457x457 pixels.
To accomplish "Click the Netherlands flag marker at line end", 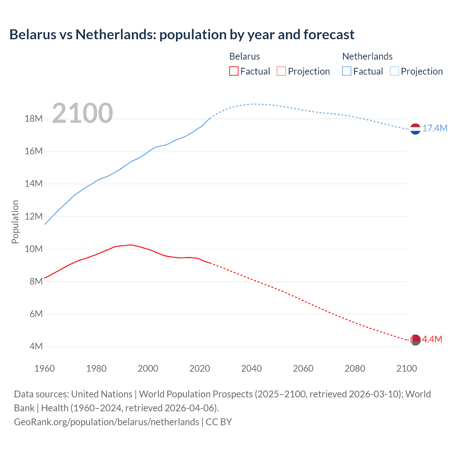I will tap(415, 129).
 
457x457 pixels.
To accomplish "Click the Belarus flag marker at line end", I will tap(415, 340).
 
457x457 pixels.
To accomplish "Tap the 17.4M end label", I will tap(435, 129).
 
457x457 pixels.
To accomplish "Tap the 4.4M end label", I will tap(432, 340).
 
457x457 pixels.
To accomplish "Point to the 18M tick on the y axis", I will tap(34, 119).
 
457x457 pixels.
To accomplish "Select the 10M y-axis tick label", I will tap(34, 249).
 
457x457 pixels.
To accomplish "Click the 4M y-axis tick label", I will tap(36, 347).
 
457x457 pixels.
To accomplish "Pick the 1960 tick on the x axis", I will tap(45, 368).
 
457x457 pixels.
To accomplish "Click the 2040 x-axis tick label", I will tap(251, 368).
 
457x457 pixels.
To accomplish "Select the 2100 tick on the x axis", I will tap(407, 368).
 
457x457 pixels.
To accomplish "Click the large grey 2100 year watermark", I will tap(82, 114).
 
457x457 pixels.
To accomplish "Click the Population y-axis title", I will tap(15, 222).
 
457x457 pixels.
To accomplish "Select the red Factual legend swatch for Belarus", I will tap(234, 71).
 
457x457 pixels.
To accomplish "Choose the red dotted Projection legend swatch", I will tap(281, 71).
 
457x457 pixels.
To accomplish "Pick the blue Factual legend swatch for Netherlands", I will tap(347, 71).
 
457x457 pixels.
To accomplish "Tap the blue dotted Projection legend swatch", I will tap(395, 71).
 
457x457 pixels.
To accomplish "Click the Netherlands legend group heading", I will tap(367, 56).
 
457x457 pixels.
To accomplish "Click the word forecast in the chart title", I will tap(329, 35).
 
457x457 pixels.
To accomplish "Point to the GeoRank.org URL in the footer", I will tap(106, 422).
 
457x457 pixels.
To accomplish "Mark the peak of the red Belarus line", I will tap(130, 245).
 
